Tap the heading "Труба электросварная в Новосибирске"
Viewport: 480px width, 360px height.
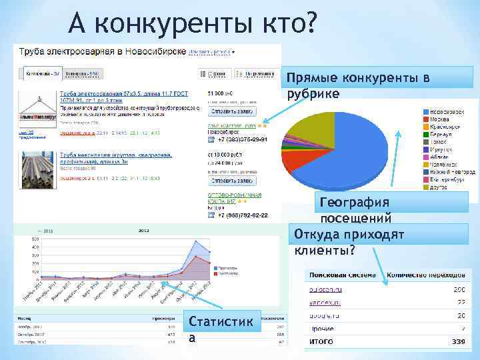tap(101, 51)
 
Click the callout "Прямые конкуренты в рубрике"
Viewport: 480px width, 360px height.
tap(357, 86)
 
